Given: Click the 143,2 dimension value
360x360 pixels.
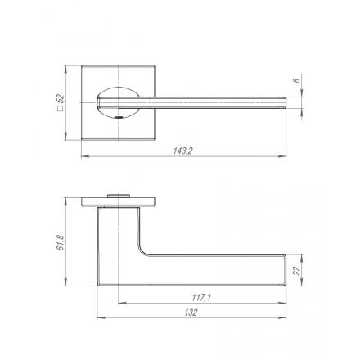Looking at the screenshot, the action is (183, 151).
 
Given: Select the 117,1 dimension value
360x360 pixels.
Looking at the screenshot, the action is (201, 298).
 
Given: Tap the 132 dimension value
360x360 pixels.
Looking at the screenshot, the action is (191, 313).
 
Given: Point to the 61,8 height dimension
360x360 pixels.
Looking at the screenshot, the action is (61, 242).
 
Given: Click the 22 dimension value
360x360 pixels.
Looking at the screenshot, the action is (296, 270).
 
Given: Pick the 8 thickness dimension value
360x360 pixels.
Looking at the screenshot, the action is (296, 80).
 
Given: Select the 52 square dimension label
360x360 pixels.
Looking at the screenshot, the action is (61, 98).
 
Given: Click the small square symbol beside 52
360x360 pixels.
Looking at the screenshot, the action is (61, 109).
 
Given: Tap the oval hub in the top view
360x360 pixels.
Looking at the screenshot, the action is (118, 102).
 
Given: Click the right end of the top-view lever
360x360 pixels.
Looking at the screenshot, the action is (286, 103).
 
